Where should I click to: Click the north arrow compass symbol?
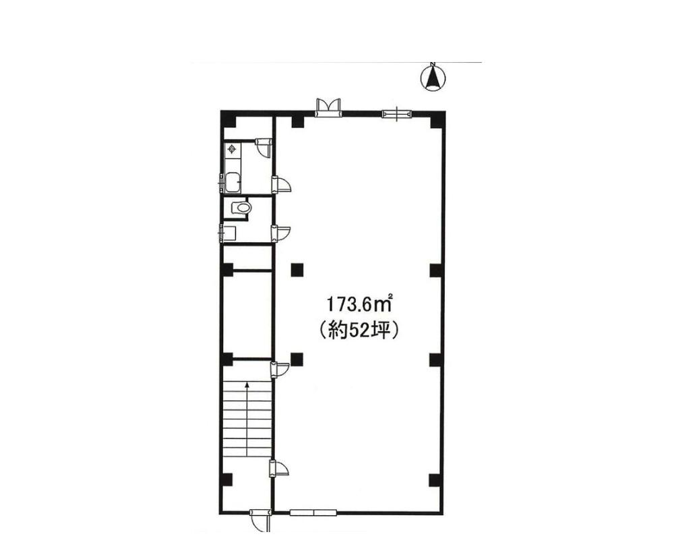[x=433, y=78]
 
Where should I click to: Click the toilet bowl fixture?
[x=241, y=208]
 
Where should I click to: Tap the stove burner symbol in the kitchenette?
[x=232, y=149]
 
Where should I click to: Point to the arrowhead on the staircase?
[x=247, y=385]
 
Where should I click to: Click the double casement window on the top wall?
[x=328, y=107]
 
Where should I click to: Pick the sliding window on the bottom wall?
[x=313, y=512]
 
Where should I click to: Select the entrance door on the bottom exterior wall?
[x=259, y=520]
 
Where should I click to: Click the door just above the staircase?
[x=280, y=370]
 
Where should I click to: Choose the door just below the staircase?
[x=280, y=467]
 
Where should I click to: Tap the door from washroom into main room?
[x=280, y=233]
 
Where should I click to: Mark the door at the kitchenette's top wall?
[x=263, y=146]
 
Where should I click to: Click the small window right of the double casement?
[x=396, y=114]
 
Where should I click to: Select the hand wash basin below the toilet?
[x=228, y=233]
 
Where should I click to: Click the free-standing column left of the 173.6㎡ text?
[x=297, y=270]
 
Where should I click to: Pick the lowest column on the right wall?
[x=435, y=479]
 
